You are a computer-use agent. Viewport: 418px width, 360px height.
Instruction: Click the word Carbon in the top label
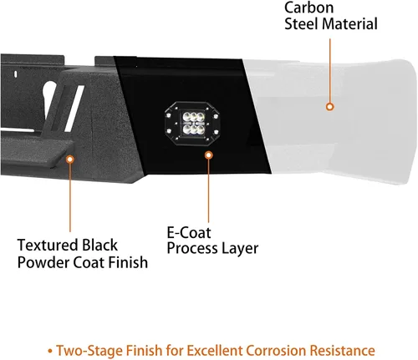[x=308, y=8]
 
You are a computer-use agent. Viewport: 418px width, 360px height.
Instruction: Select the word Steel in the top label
[x=301, y=23]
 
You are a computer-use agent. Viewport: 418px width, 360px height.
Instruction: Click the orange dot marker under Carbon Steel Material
[x=330, y=107]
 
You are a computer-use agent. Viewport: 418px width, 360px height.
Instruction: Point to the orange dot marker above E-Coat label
[x=209, y=155]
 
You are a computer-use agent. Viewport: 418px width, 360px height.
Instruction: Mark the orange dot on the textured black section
[x=70, y=160]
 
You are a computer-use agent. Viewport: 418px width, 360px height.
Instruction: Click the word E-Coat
[x=189, y=233]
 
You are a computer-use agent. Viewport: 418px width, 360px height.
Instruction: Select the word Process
[x=193, y=248]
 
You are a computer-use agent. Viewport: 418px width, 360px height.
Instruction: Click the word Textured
[x=48, y=246]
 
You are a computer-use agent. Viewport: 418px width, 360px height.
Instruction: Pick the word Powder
[x=43, y=262]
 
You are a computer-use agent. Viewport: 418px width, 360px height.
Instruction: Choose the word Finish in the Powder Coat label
[x=128, y=262]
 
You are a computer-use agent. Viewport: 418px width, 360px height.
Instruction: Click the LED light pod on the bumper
[x=192, y=124]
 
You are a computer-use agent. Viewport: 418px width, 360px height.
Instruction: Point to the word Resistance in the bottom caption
[x=343, y=350]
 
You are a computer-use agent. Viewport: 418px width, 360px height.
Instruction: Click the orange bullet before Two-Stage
[x=50, y=351]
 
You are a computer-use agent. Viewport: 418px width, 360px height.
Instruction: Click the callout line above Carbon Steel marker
[x=330, y=71]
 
